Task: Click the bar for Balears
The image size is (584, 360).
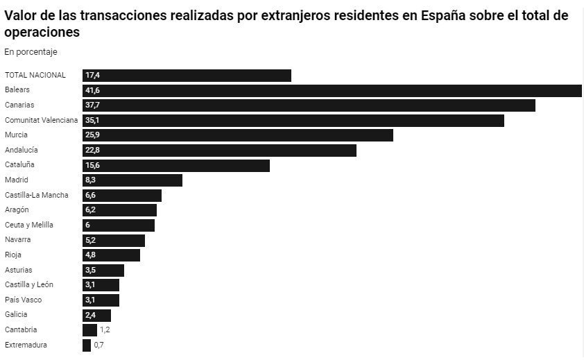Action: pos(332,90)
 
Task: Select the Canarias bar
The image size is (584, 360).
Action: pos(309,105)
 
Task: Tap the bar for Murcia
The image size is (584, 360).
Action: pos(237,135)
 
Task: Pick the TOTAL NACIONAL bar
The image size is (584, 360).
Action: pos(187,76)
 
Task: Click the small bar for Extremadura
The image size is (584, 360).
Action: pos(87,345)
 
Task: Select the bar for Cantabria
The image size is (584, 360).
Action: pos(89,330)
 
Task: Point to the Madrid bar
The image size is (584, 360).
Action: pos(132,180)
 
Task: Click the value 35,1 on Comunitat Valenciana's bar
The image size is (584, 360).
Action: pos(92,120)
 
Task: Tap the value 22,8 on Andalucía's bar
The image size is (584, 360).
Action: pos(92,151)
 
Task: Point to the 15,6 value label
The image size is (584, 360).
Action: pos(92,165)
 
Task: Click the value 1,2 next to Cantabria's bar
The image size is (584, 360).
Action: pos(105,330)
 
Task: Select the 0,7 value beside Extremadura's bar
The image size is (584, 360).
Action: pos(98,345)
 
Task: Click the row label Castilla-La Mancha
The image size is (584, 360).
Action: pos(37,195)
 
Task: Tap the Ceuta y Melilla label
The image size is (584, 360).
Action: pos(29,225)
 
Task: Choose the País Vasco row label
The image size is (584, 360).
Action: pos(23,300)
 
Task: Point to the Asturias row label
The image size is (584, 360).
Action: pos(19,270)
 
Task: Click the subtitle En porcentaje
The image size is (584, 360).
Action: pos(31,52)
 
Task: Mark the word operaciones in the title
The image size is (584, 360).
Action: pos(42,33)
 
